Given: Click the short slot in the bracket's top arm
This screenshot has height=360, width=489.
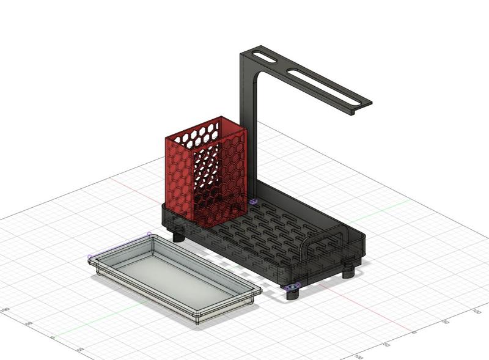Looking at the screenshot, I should (264, 58).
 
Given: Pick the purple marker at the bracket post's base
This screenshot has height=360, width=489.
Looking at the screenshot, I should (253, 200).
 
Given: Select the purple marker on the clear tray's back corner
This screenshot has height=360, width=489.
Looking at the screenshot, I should (149, 234).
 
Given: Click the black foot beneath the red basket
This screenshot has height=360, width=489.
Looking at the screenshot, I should (178, 235).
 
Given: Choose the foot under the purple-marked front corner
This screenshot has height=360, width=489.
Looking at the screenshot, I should (294, 294).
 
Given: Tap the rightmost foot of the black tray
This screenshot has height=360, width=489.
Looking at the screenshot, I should (348, 271).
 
